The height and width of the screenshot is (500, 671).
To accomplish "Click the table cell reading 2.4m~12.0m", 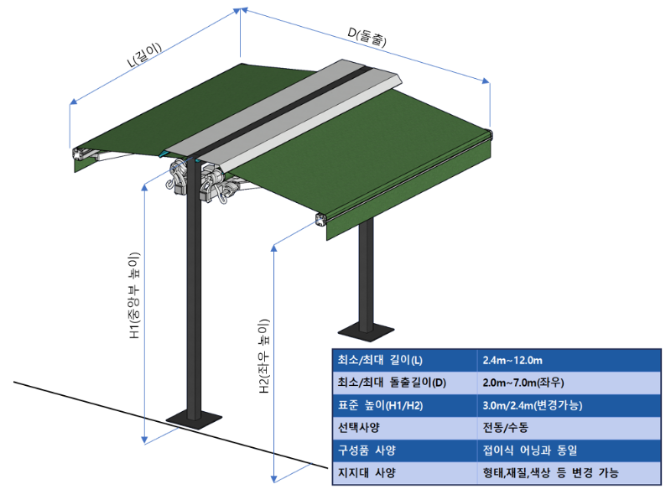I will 513,361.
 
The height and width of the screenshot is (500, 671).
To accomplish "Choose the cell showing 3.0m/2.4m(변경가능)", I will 533,405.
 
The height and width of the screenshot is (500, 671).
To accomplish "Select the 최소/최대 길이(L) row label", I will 380,361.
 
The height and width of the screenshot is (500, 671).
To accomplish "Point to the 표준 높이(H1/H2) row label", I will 384,405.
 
